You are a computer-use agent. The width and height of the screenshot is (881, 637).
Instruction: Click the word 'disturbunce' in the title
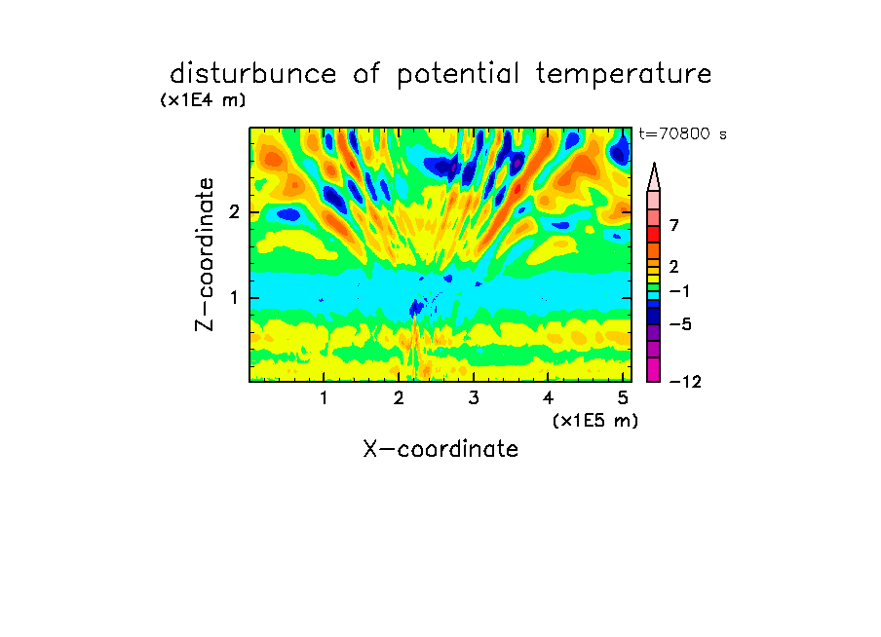252,74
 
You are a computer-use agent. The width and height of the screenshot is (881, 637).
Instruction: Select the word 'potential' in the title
458,75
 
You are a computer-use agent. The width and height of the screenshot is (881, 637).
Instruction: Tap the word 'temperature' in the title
624,75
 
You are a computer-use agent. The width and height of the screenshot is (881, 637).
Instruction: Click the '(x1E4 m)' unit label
203,100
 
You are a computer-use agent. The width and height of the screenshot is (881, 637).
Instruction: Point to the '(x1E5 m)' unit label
595,421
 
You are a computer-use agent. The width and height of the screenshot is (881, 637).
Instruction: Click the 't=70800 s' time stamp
682,134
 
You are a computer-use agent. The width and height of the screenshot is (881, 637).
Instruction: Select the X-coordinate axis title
440,449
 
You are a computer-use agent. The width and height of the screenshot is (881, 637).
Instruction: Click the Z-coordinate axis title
204,254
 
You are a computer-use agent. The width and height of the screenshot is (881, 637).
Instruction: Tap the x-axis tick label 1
324,398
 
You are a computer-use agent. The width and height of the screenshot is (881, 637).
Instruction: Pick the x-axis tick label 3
474,398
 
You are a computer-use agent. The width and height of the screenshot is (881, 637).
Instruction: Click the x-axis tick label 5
623,398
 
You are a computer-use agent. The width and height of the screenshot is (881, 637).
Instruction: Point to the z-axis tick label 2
234,212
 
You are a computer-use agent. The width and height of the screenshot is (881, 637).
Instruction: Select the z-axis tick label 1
234,298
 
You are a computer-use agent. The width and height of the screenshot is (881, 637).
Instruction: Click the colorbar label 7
674,226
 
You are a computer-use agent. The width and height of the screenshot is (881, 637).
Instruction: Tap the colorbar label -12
685,382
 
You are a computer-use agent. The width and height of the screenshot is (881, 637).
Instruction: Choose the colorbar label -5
680,324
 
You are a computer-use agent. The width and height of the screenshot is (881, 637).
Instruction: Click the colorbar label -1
679,291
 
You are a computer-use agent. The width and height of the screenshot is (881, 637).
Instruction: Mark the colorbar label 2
674,267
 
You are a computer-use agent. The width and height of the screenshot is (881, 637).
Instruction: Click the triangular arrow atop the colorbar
654,177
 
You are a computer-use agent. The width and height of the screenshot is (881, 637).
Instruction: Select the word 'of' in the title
366,74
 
